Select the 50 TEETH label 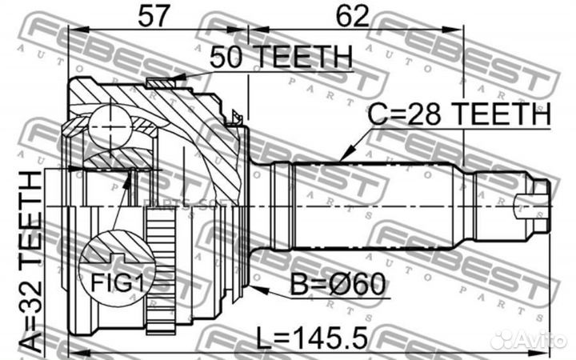click(281, 57)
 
